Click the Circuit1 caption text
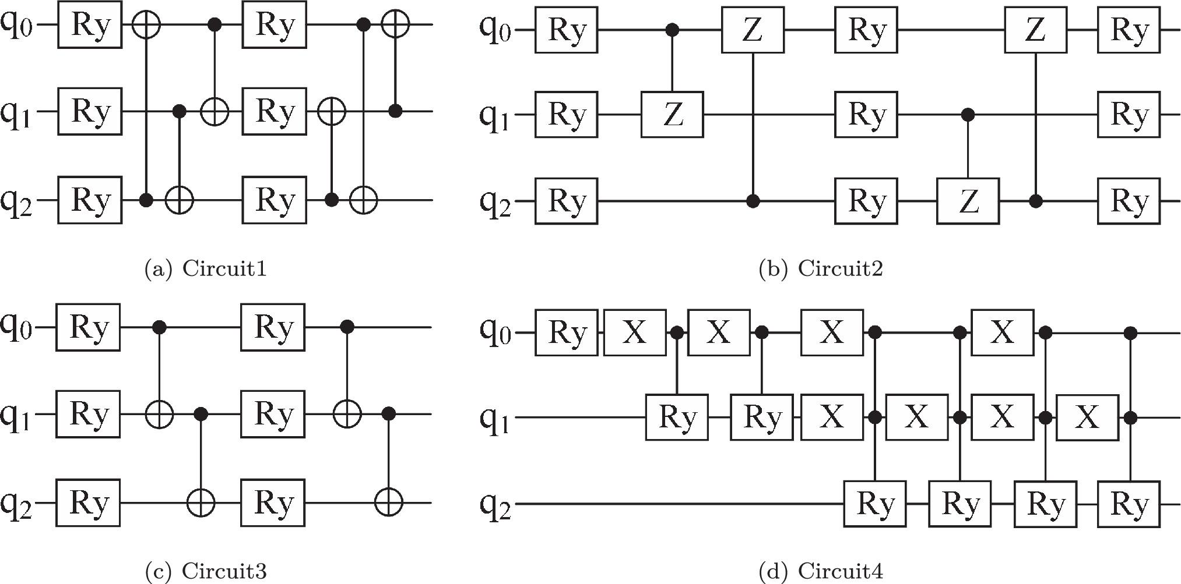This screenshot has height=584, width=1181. [205, 269]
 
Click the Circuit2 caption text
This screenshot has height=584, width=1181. [821, 269]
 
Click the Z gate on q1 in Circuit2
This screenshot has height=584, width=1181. [672, 114]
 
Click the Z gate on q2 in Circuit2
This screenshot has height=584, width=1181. [968, 201]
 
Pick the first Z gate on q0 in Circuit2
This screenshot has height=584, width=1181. [753, 30]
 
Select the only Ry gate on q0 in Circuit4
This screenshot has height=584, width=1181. [567, 333]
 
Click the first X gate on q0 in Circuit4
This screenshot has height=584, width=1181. [634, 333]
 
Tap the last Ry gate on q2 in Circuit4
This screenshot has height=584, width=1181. [1129, 504]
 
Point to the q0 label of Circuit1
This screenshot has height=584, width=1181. [19, 26]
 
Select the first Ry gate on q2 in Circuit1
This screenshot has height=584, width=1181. [89, 201]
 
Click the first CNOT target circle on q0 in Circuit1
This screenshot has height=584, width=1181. [146, 25]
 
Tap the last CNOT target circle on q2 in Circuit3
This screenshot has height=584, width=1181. [389, 502]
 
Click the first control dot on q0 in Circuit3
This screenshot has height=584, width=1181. [159, 328]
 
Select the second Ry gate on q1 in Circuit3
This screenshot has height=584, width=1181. [273, 415]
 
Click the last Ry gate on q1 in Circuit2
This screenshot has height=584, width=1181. [1129, 114]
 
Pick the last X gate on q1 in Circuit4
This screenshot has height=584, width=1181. [1087, 417]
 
